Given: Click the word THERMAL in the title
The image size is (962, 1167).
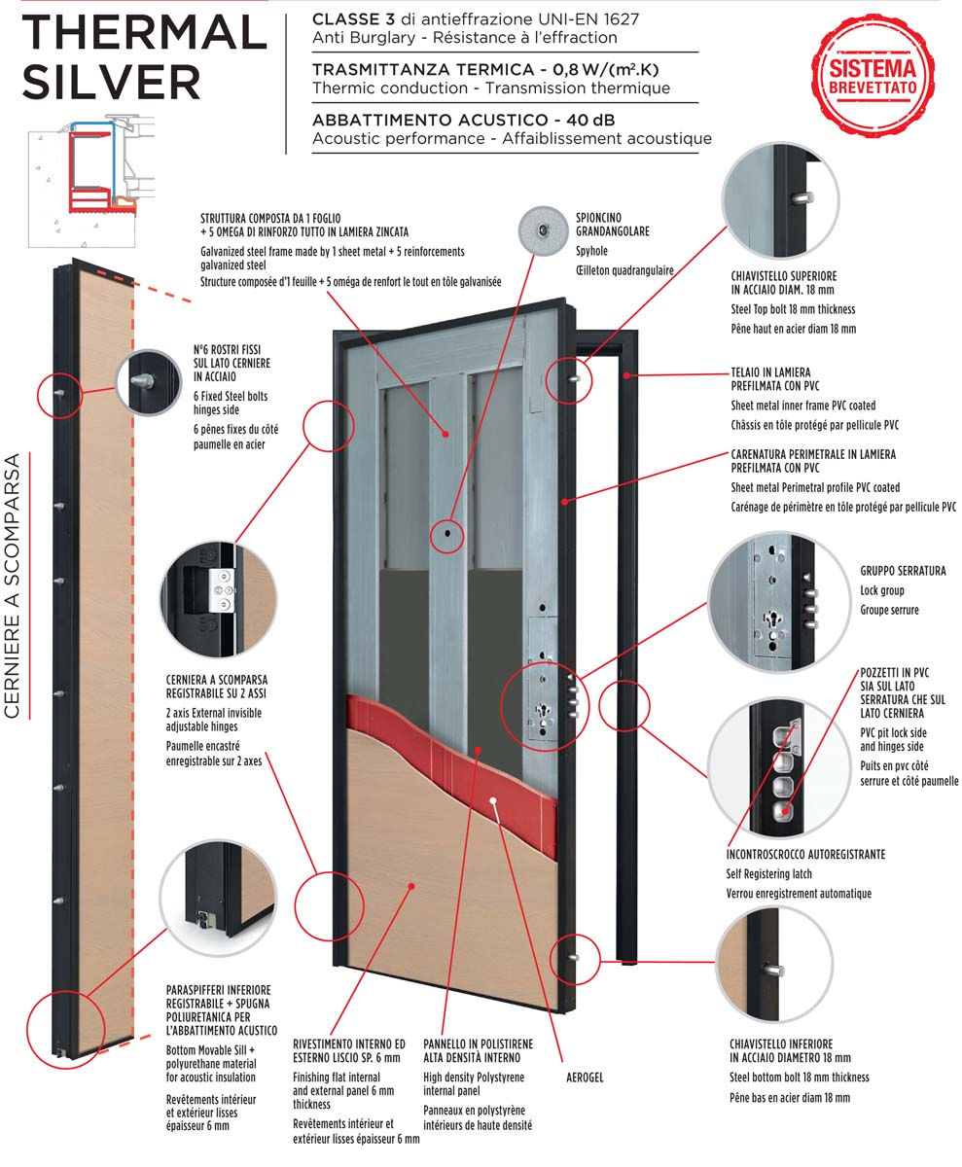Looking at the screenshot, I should click(143, 32).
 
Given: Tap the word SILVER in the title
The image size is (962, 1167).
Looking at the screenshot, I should click(111, 82).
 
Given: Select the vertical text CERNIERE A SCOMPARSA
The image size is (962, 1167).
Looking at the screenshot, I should click(14, 584).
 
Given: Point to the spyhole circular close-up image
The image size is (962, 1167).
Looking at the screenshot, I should click(542, 230).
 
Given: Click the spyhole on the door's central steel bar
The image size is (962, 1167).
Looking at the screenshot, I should click(447, 533).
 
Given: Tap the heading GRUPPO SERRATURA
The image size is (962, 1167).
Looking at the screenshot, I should click(902, 571).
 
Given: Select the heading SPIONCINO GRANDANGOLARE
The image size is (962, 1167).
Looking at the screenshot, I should click(613, 225).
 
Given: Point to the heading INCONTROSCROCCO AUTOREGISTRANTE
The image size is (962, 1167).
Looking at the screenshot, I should click(805, 854).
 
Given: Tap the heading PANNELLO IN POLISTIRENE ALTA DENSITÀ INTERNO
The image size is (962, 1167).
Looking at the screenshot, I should click(479, 1050).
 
